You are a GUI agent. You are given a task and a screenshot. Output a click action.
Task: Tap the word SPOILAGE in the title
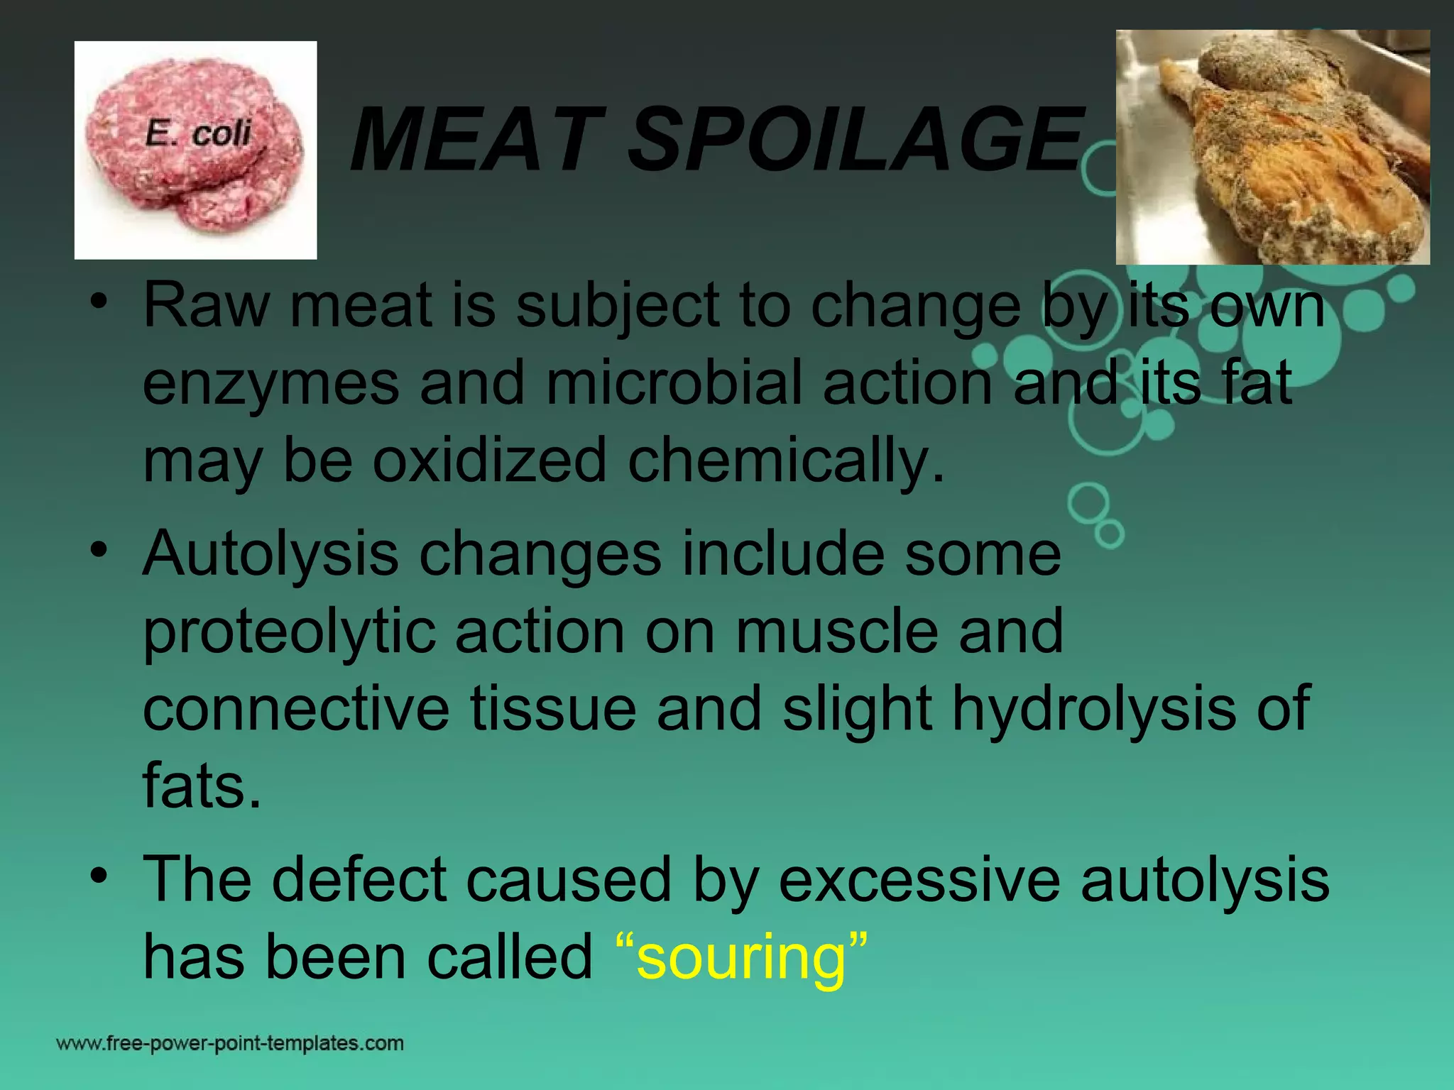[855, 140]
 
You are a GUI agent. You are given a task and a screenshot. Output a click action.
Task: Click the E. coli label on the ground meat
[198, 133]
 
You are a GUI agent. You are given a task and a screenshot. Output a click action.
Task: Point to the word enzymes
[271, 384]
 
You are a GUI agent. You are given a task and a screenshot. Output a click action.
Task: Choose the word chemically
[787, 461]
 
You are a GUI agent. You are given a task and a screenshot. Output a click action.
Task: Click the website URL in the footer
[230, 1043]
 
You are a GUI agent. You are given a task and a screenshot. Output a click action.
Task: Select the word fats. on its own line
[202, 786]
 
